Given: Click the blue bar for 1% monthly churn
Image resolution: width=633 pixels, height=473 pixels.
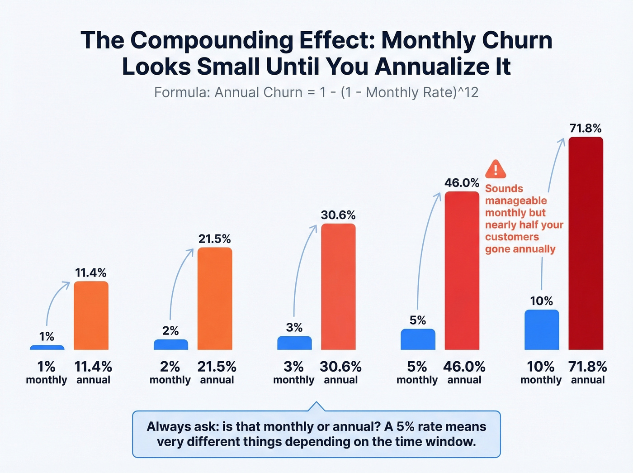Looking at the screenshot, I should click(x=47, y=347).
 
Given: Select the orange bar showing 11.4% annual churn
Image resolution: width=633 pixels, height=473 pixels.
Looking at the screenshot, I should click(x=91, y=315).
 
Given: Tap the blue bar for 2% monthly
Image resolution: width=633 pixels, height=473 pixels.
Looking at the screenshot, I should click(x=170, y=344).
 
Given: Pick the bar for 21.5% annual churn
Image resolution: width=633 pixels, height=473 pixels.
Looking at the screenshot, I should click(x=215, y=299).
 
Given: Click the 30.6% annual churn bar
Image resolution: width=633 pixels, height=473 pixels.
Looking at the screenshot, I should click(x=338, y=287).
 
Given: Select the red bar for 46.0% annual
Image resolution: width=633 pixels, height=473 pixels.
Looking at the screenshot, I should click(x=462, y=271).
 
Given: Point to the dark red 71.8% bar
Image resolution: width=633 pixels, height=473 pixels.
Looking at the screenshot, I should click(x=586, y=243).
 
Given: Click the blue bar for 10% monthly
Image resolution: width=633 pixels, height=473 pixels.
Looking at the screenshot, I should click(x=542, y=330).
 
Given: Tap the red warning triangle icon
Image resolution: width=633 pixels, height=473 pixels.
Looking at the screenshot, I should click(x=496, y=169).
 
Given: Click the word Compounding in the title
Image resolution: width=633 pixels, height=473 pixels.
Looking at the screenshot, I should click(x=212, y=40).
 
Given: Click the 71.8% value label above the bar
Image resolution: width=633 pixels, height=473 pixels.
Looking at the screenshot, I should click(x=586, y=128).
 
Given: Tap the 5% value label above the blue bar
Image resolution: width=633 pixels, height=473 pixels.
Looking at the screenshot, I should click(x=417, y=320).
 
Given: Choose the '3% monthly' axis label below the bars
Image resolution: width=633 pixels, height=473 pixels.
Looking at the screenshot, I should click(x=293, y=373).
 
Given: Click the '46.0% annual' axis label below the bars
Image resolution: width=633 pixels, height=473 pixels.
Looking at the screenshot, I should click(x=464, y=373).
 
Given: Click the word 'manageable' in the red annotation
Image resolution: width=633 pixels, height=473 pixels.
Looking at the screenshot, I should click(x=516, y=201).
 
